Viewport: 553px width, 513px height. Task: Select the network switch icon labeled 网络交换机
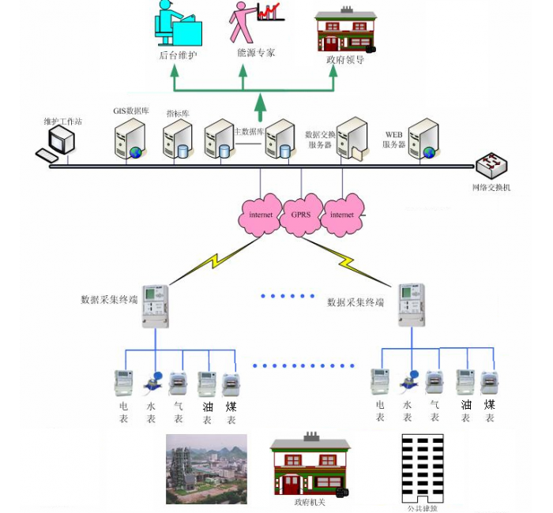pyautogui.click(x=492, y=166)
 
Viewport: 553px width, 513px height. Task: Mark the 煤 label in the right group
pyautogui.click(x=490, y=406)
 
